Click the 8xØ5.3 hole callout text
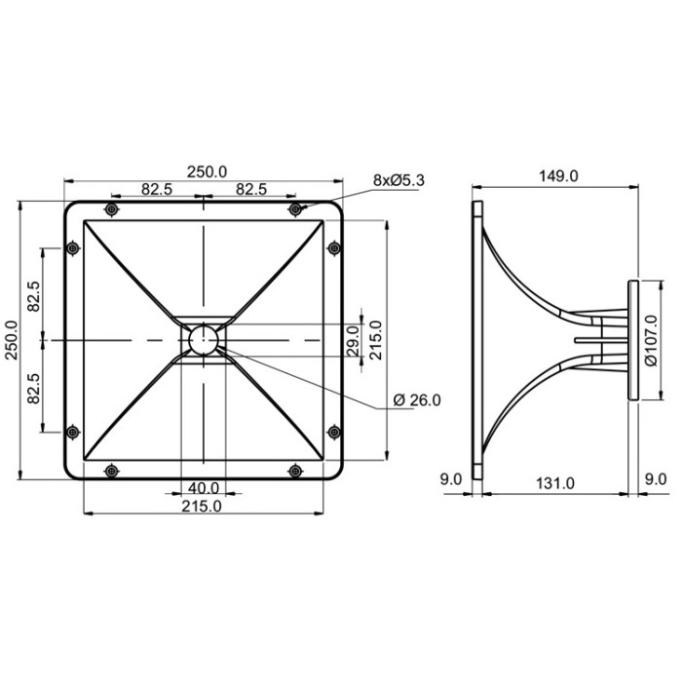398,180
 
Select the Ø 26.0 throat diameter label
417,400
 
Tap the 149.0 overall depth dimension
558,176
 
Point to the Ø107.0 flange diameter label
651,341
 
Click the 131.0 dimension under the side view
555,483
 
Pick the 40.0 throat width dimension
204,488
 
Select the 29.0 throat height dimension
353,341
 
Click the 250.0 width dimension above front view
207,171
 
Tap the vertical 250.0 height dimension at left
12,340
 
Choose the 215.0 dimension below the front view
202,507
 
